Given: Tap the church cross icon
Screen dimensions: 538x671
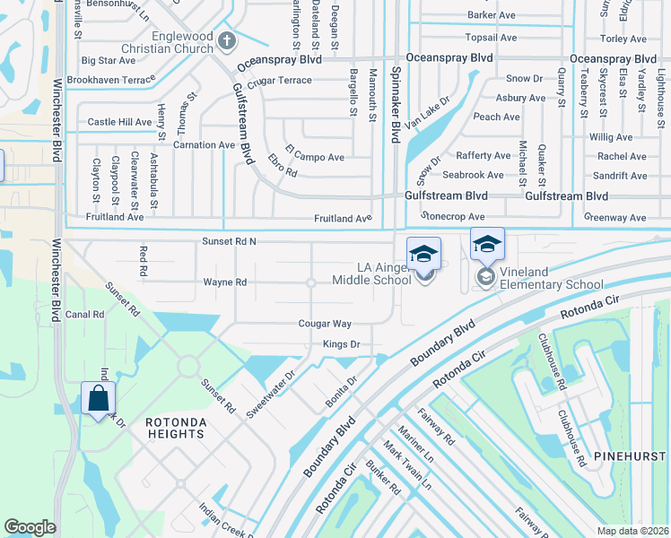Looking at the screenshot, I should point(227,39).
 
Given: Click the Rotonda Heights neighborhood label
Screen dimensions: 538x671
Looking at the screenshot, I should point(176,428).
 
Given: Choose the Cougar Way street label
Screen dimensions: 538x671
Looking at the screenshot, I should point(325,324).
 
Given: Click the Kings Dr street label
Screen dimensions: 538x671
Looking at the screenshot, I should point(341,344).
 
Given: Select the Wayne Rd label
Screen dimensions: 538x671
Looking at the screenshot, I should point(224,282).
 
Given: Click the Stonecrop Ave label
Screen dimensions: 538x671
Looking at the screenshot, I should point(453,216).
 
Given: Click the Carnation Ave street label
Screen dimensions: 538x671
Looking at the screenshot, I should point(204,144).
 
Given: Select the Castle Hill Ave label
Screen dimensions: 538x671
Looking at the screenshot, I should point(119,122).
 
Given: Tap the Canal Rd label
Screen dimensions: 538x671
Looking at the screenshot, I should point(85,315).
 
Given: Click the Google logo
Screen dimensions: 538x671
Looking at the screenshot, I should point(30,527).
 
